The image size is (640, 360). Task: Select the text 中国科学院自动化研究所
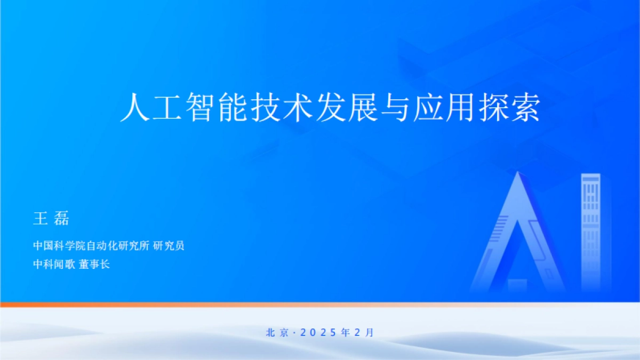tap(91, 246)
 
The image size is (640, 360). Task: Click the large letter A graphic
tap(517, 235)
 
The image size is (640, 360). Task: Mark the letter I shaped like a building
tap(590, 229)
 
